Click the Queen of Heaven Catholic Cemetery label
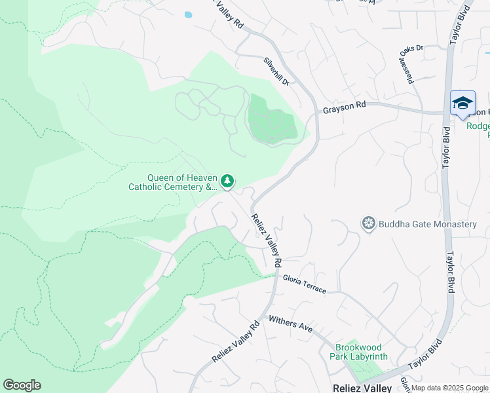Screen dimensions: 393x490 tap(172, 182)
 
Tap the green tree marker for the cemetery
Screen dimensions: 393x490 tap(227, 181)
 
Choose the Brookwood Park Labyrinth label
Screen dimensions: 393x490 tap(361, 352)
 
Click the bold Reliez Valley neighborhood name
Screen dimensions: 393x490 tap(362, 388)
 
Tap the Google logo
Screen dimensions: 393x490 tap(22, 385)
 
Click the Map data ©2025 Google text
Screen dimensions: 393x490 tap(449, 388)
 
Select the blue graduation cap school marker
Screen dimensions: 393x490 tap(462, 104)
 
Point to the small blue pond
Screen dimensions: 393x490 tap(189, 14)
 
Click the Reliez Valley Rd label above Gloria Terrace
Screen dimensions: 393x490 tap(266, 241)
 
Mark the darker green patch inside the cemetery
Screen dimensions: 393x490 tap(270, 119)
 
